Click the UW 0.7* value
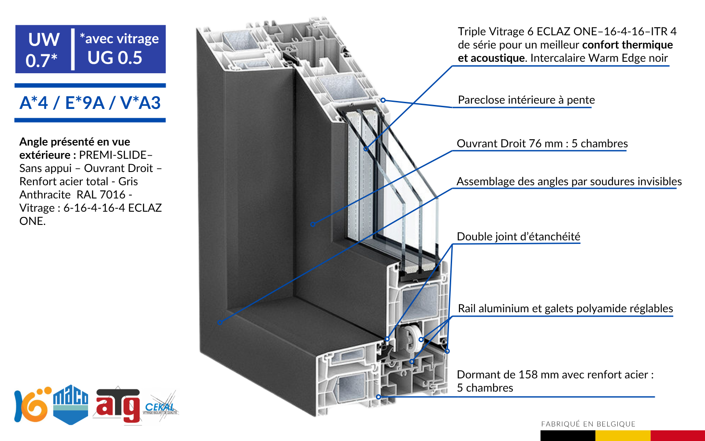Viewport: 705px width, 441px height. [43, 50]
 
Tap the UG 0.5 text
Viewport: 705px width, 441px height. [115, 58]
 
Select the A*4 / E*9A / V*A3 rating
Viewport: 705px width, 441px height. [90, 103]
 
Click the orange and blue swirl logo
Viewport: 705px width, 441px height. [33, 404]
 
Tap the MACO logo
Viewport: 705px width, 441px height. [70, 405]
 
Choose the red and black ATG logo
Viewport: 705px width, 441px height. [117, 406]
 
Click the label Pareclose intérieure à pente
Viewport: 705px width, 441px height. [526, 100]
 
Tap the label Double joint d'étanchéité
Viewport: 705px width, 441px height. [518, 236]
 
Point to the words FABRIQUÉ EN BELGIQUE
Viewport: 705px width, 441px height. [588, 424]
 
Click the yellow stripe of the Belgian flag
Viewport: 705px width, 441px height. [623, 436]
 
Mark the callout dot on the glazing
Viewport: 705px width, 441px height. [366, 149]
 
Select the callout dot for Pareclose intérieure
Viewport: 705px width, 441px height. [383, 100]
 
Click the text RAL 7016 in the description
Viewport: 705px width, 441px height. [101, 194]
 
